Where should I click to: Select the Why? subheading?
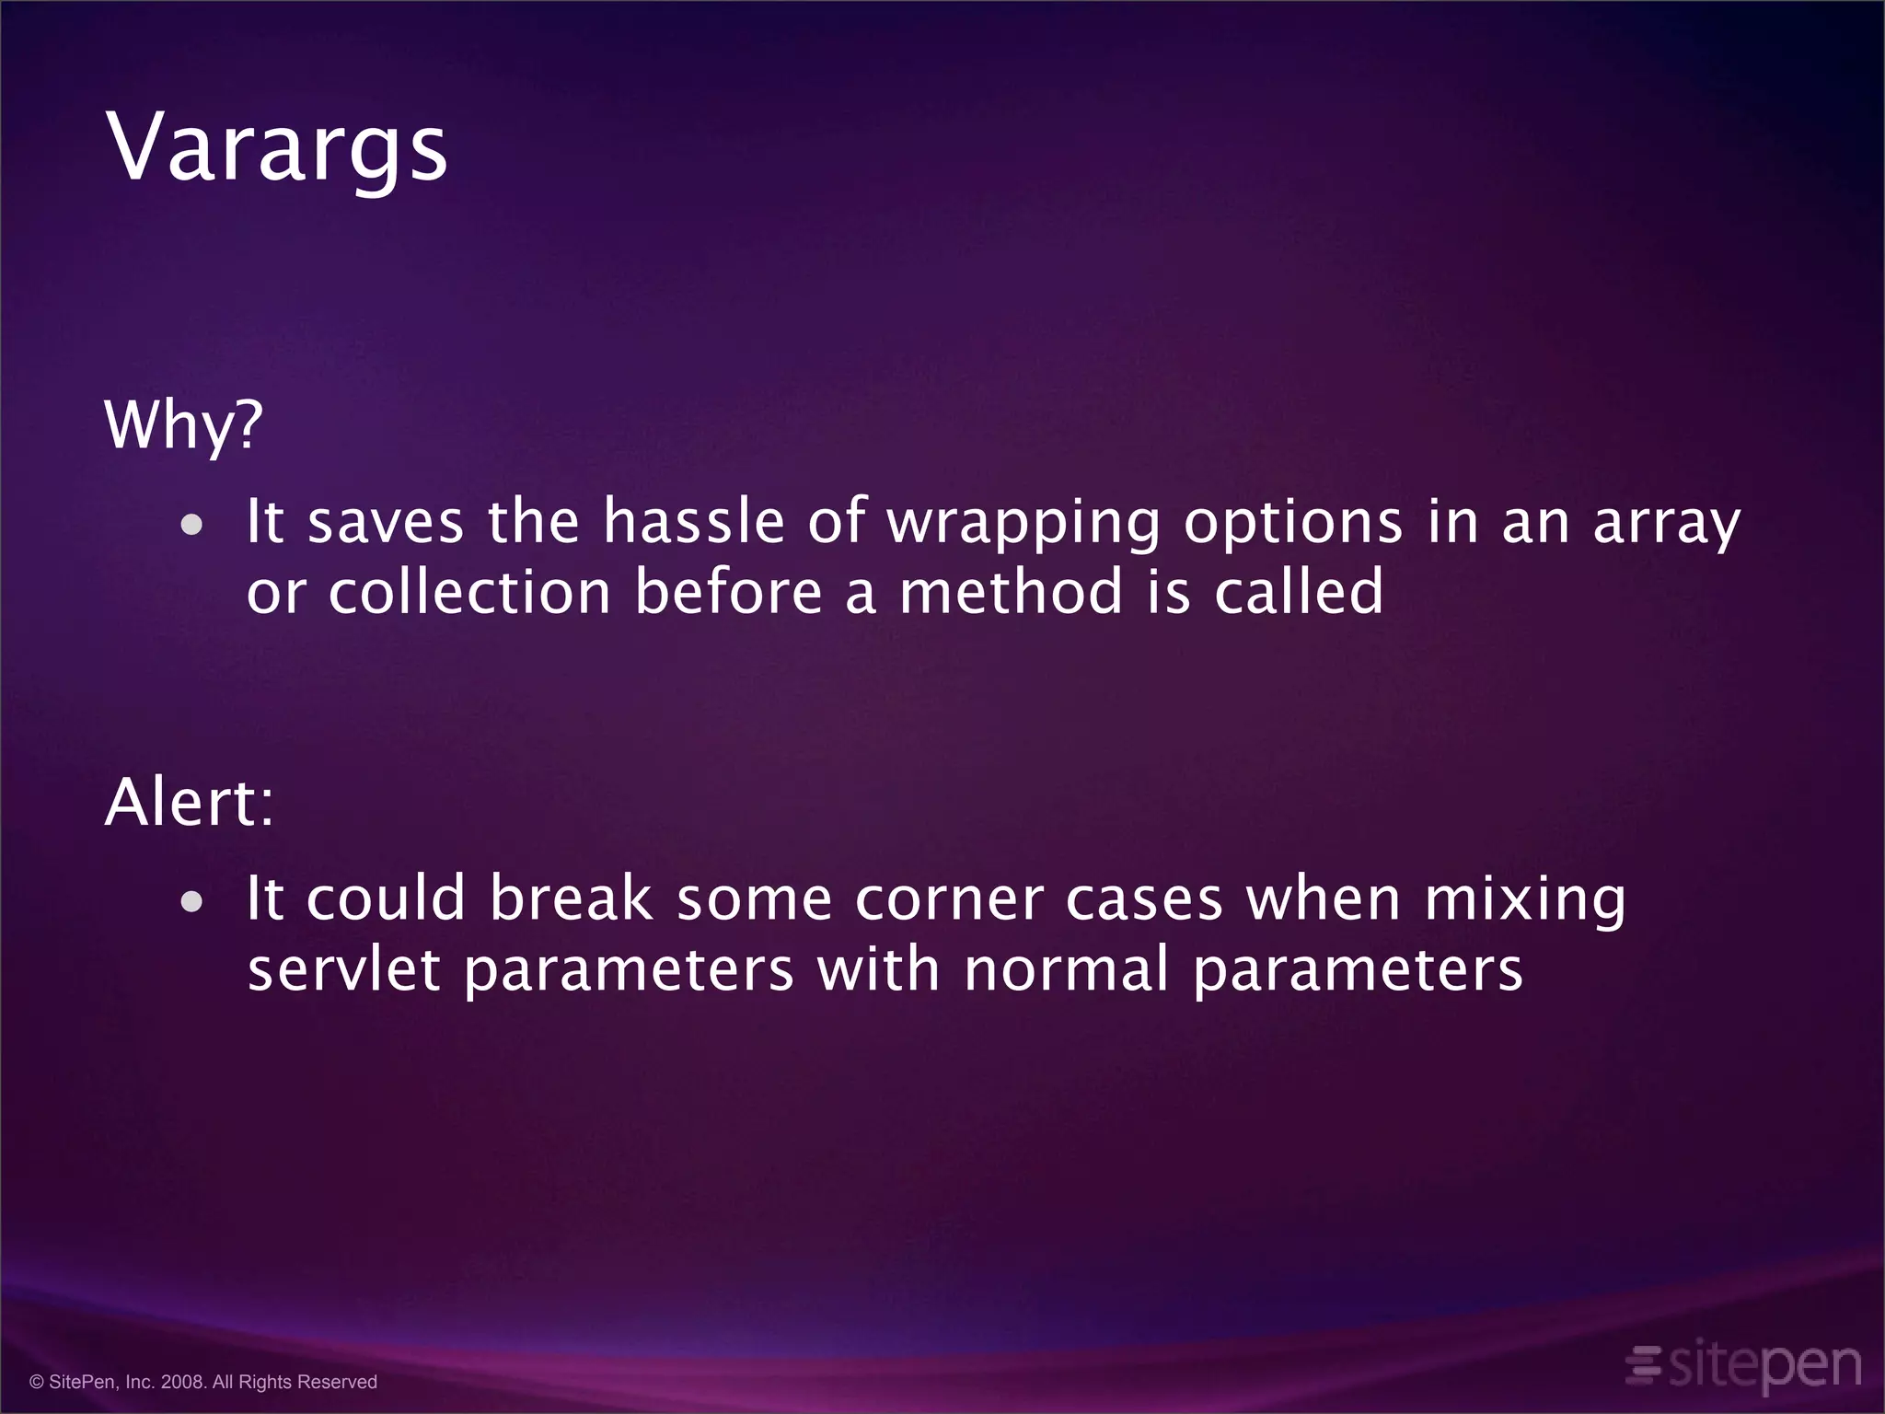tap(184, 425)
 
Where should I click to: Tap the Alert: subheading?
tap(190, 802)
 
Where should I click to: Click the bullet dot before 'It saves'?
tap(191, 526)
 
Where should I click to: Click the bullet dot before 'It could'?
tap(191, 902)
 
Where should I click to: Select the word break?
tap(571, 898)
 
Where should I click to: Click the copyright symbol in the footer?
tap(37, 1382)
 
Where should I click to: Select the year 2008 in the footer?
tap(181, 1382)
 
